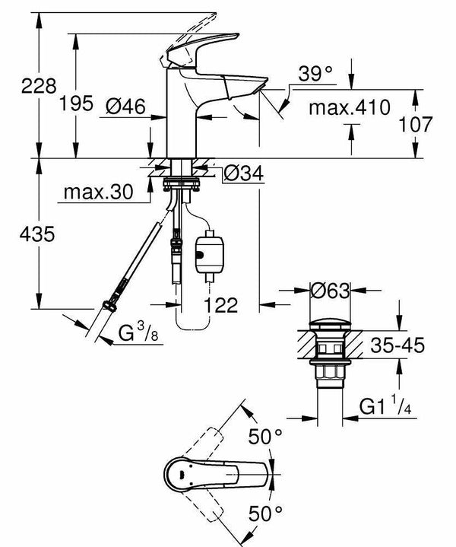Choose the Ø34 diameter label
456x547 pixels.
coord(243,175)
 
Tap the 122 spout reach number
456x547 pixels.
coord(220,305)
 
